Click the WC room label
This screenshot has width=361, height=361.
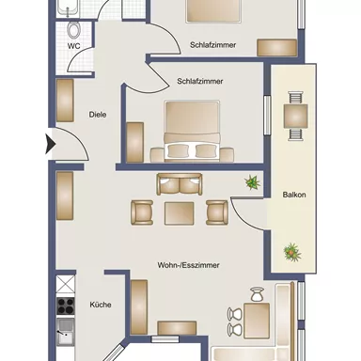[x=73, y=44]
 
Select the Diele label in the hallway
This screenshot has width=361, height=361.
[x=97, y=115]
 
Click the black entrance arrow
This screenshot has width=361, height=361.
[x=51, y=146]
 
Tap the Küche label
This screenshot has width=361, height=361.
[x=100, y=305]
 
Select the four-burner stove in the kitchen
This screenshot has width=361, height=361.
[x=66, y=304]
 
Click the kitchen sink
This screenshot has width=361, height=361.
[x=66, y=329]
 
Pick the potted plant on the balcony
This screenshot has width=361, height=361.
[x=292, y=251]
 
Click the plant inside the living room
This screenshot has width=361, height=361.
[x=252, y=182]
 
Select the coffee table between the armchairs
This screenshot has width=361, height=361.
[x=179, y=212]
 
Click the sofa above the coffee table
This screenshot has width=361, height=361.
[x=179, y=185]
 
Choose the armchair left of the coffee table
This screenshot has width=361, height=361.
[x=142, y=212]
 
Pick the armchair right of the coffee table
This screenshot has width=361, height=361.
[x=216, y=212]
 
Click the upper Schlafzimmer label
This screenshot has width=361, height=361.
[x=212, y=43]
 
